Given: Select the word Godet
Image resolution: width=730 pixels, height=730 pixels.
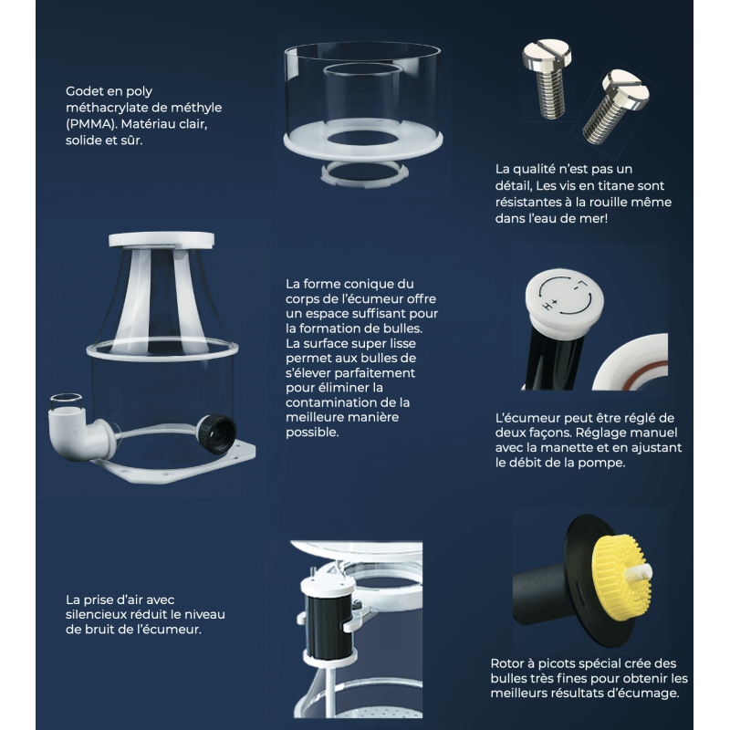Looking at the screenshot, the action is click(81, 90).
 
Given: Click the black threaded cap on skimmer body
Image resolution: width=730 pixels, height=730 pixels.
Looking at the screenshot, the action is click(216, 433).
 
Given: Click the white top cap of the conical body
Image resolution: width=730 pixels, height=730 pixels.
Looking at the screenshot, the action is click(162, 240).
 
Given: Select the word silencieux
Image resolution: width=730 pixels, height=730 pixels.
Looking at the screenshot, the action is click(95, 614).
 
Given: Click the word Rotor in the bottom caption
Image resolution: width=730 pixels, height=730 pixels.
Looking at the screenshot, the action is click(506, 663).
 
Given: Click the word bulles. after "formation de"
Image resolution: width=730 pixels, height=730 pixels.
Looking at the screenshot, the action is click(401, 328).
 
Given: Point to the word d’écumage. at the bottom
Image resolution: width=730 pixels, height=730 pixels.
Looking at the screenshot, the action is click(650, 693).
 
